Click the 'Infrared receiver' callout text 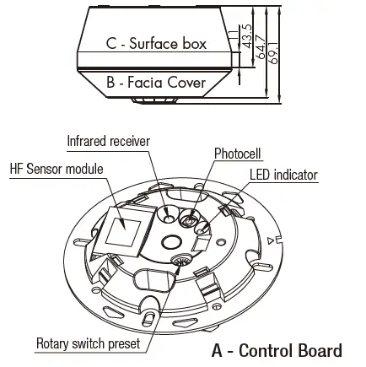coord(108,141)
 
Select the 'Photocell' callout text coord(238,154)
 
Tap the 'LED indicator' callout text coord(283,175)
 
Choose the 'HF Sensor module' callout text coord(56,169)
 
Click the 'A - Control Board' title coord(276,350)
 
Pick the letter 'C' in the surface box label coord(111,42)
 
